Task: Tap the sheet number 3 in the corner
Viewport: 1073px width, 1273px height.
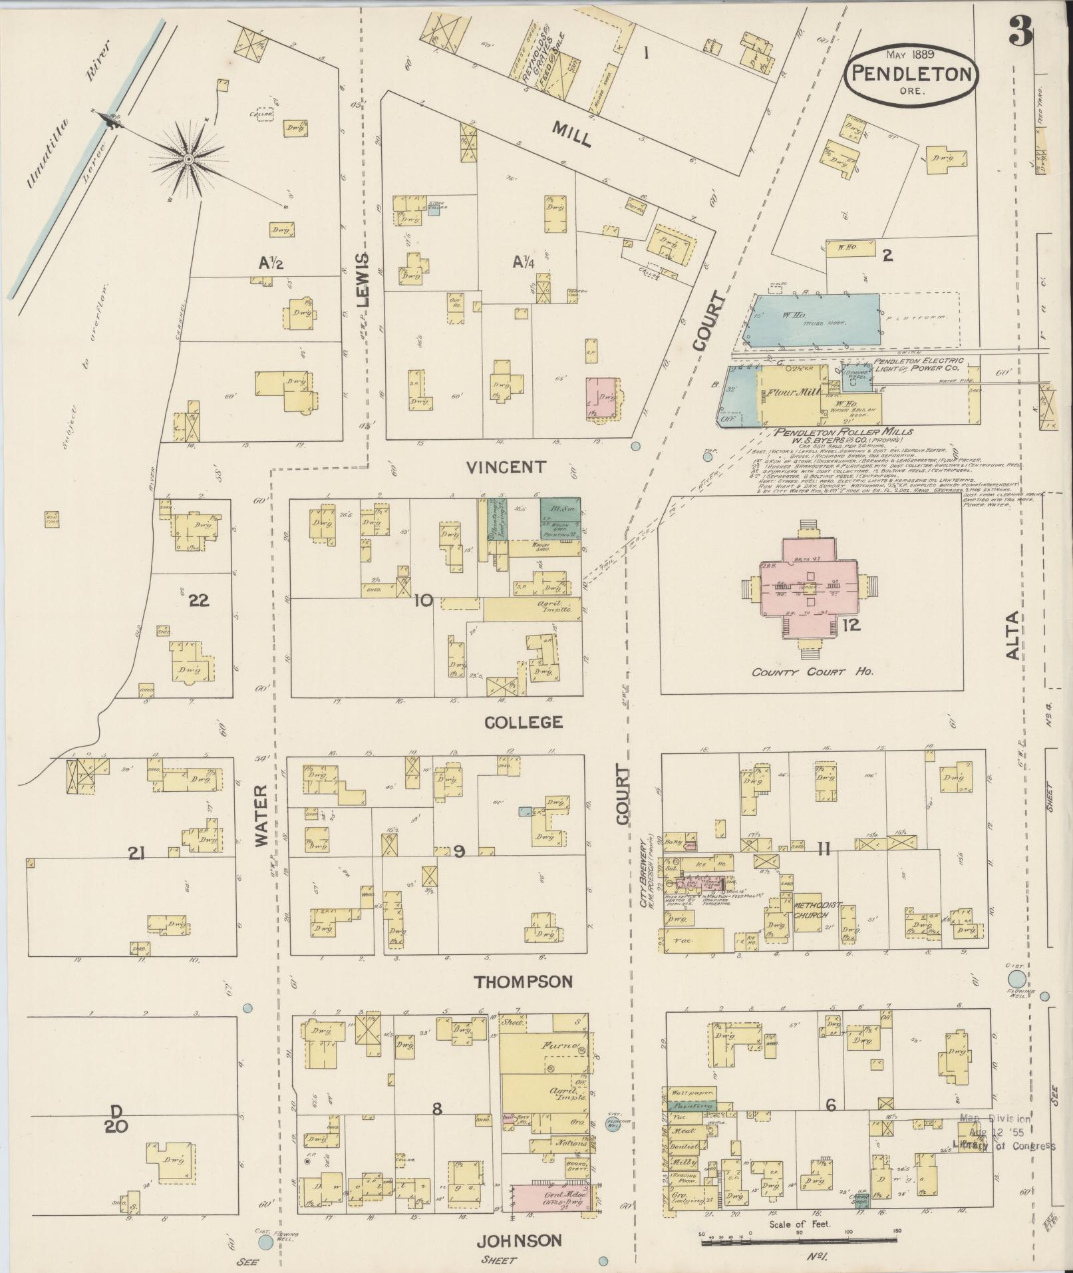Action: tap(1020, 31)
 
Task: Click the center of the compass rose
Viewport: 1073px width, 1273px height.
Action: tap(188, 159)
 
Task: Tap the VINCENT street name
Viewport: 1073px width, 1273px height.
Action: tap(506, 468)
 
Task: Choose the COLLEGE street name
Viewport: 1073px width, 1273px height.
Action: tap(524, 722)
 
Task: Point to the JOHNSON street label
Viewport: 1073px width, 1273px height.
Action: tap(520, 1240)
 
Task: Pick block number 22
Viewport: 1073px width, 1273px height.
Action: tap(199, 601)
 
